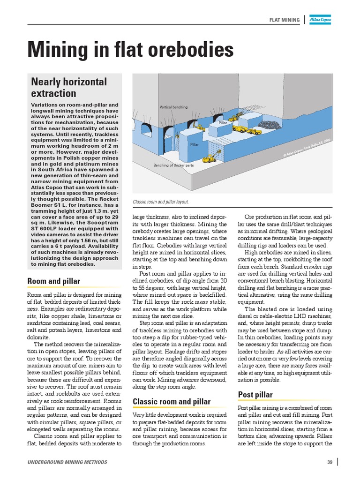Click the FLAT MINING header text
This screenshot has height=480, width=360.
coord(285,20)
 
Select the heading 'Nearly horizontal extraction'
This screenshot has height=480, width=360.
coord(69,88)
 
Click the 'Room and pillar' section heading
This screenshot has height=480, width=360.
coord(53,281)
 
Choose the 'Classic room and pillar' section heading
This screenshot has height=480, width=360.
coord(172,402)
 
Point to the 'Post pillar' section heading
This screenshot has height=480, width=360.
coord(255,395)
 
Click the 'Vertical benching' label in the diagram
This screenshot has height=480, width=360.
coord(173,107)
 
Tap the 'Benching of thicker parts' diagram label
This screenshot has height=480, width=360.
coord(173,166)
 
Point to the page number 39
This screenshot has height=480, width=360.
coord(330,463)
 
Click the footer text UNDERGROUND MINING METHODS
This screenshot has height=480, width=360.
coord(67,463)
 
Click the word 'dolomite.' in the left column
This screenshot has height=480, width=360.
coord(38,337)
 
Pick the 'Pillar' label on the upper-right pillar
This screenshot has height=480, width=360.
coord(223,123)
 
